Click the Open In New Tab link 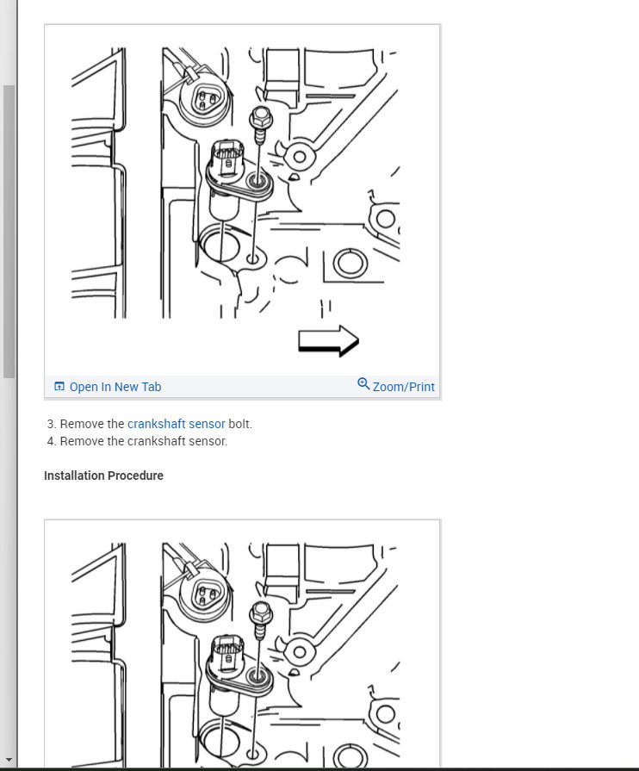pyautogui.click(x=115, y=387)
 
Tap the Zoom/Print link pyautogui.click(x=403, y=387)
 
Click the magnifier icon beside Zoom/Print pyautogui.click(x=363, y=384)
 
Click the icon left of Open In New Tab pyautogui.click(x=59, y=387)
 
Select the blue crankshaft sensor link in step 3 pyautogui.click(x=176, y=424)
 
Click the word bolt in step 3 pyautogui.click(x=240, y=424)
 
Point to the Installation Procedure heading pyautogui.click(x=103, y=476)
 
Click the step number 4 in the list pyautogui.click(x=51, y=441)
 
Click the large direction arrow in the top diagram pyautogui.click(x=328, y=340)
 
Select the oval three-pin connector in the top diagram pyautogui.click(x=206, y=100)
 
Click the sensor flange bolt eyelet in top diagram pyautogui.click(x=257, y=181)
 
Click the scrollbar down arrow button pyautogui.click(x=9, y=759)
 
